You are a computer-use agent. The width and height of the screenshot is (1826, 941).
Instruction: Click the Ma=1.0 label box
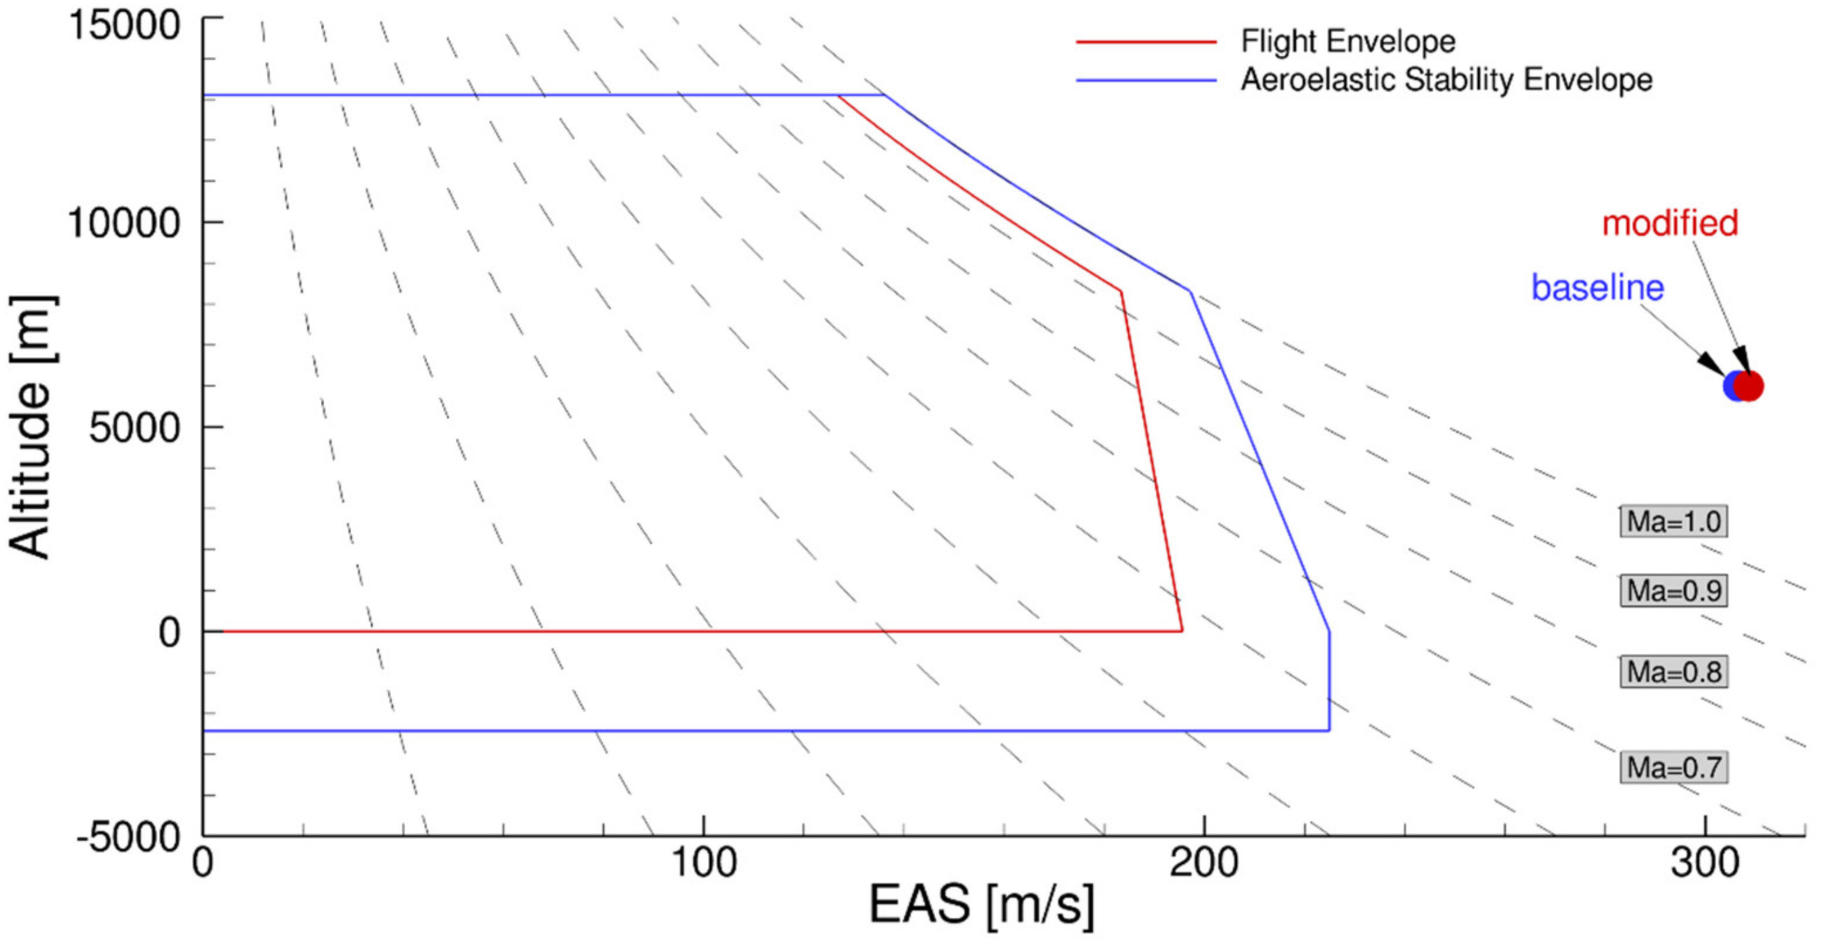1673,522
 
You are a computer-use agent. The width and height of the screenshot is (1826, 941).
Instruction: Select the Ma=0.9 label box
1673,590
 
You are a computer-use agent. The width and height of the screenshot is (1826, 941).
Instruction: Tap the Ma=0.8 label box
1673,672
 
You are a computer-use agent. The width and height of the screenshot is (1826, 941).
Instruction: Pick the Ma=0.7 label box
1673,767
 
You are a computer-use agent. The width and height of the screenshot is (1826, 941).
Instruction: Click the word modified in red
1670,223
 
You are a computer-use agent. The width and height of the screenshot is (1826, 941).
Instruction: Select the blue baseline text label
1598,288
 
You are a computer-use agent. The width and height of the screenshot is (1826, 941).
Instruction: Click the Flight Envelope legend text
1348,41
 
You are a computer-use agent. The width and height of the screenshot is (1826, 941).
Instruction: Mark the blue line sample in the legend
1146,80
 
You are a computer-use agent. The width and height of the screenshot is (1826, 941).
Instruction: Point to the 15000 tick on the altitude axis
125,26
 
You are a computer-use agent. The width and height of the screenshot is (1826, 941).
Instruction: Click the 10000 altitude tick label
125,222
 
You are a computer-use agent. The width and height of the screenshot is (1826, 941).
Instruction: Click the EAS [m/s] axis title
982,905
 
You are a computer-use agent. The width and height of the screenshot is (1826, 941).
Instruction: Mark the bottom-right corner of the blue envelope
1329,730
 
